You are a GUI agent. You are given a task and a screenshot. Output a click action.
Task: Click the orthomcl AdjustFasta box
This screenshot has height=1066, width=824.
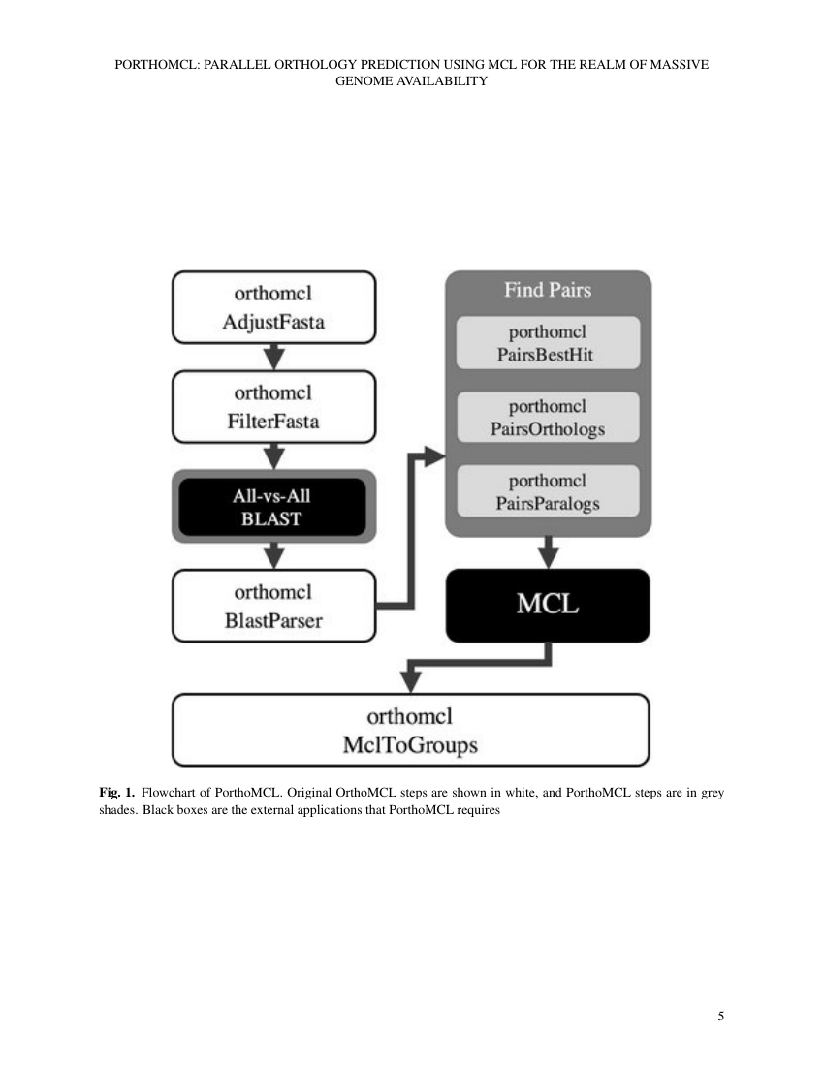pyautogui.click(x=273, y=307)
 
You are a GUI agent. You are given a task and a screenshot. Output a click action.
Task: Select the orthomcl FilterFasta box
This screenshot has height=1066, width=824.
pyautogui.click(x=273, y=407)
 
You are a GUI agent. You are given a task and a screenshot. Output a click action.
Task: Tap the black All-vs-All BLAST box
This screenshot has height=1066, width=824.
pyautogui.click(x=273, y=507)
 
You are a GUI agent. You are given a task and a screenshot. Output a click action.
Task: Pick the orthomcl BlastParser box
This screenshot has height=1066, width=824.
pyautogui.click(x=273, y=606)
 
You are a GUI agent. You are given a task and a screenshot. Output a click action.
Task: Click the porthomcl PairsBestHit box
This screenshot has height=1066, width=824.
pyautogui.click(x=549, y=343)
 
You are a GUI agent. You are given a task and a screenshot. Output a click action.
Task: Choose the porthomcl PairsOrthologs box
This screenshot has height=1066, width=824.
pyautogui.click(x=549, y=418)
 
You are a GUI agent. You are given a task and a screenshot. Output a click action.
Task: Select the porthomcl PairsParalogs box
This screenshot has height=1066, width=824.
pyautogui.click(x=549, y=491)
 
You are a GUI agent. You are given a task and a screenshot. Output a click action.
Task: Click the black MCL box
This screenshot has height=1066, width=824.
pyautogui.click(x=548, y=606)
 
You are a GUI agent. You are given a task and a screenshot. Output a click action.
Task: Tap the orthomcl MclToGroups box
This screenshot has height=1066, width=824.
pyautogui.click(x=410, y=731)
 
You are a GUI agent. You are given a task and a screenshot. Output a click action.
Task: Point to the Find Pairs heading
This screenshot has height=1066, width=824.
pyautogui.click(x=548, y=289)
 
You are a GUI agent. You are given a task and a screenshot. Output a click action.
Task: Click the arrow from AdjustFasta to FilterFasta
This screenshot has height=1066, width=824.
pyautogui.click(x=274, y=357)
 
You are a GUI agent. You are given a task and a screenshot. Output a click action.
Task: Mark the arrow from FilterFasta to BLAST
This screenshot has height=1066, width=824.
pyautogui.click(x=274, y=455)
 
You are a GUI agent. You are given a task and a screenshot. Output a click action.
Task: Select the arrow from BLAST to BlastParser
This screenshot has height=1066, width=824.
pyautogui.click(x=274, y=555)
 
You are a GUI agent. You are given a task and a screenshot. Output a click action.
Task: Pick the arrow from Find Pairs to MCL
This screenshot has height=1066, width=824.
pyautogui.click(x=549, y=553)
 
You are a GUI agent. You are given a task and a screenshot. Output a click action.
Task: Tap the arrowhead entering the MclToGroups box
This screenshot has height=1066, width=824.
pyautogui.click(x=411, y=679)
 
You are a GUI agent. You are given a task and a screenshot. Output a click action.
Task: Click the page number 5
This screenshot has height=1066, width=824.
pyautogui.click(x=720, y=1017)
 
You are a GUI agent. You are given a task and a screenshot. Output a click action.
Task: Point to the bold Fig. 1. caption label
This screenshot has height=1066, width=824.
pyautogui.click(x=117, y=793)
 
